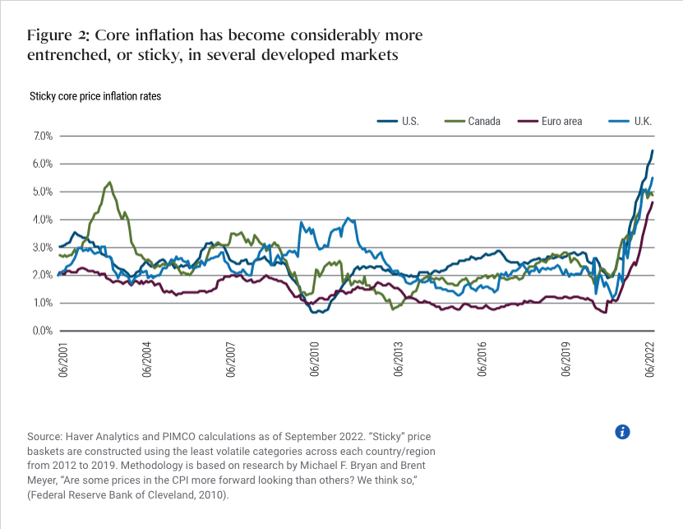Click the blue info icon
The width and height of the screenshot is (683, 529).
coord(622,432)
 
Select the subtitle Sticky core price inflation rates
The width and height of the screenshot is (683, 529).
coord(95,96)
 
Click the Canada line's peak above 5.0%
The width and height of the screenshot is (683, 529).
coord(109,183)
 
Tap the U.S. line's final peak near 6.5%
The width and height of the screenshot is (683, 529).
coord(653,151)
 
